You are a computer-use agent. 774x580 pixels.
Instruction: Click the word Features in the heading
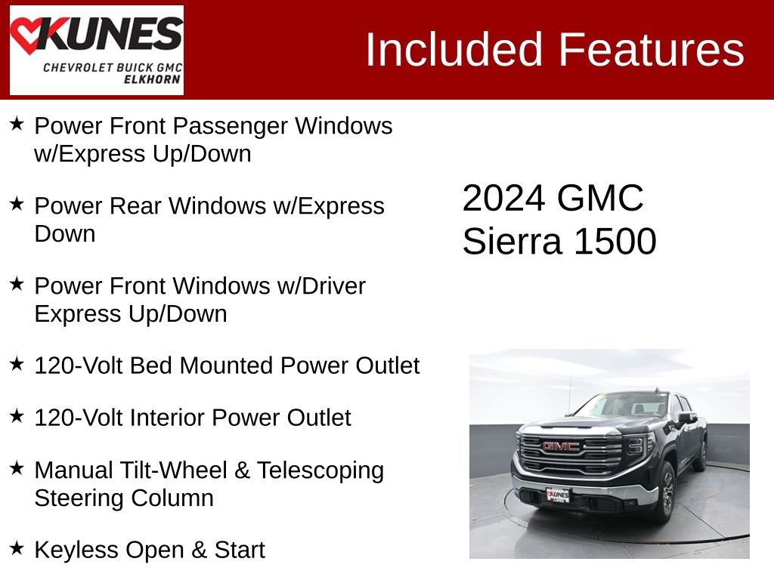[652, 50]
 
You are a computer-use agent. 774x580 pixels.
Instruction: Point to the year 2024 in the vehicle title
[503, 199]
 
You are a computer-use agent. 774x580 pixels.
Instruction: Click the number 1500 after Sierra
[615, 242]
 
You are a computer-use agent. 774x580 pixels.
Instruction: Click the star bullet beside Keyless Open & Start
[17, 547]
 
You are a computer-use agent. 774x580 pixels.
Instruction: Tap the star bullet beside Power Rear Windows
[17, 203]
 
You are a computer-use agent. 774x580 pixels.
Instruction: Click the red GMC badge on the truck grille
[561, 446]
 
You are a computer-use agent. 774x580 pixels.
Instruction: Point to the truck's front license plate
[558, 495]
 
